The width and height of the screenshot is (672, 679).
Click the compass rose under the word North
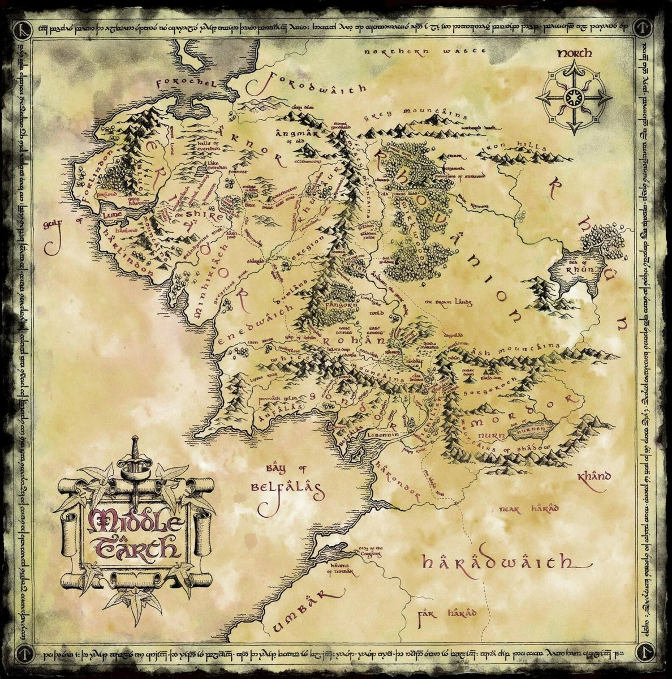[574, 97]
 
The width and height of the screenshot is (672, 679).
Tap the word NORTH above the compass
[574, 54]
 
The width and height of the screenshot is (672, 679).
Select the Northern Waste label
[425, 51]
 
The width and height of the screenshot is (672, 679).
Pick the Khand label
[594, 476]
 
